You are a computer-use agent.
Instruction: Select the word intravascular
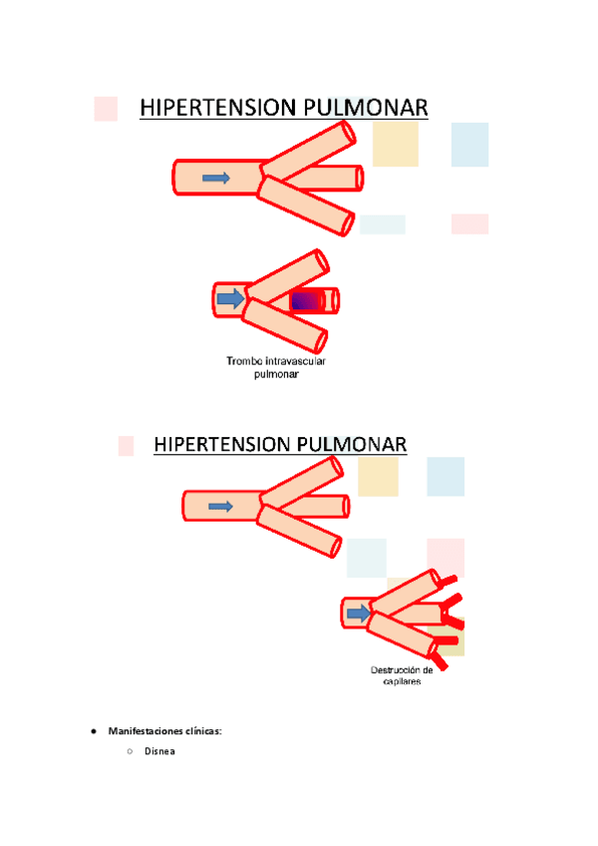coord(298,360)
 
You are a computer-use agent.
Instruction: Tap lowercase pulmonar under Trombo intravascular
coord(276,375)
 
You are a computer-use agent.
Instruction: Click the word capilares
coord(399,682)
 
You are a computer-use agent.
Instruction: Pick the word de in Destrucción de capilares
coord(428,669)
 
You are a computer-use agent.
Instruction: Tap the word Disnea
coord(159,751)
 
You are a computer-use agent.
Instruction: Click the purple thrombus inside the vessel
coord(307,300)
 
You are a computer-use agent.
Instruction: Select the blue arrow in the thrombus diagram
coord(231,298)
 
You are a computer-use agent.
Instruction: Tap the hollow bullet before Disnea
coord(130,751)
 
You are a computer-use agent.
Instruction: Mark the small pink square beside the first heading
coord(105,109)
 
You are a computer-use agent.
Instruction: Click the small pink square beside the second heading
coord(126,445)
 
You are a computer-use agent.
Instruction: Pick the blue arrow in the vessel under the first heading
coord(216,178)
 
